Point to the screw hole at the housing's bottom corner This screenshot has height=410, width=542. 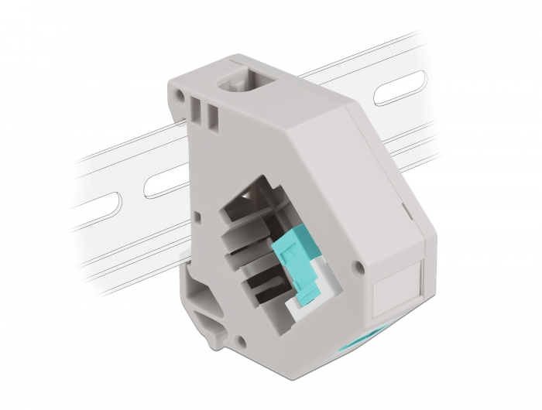pos(243,339)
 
